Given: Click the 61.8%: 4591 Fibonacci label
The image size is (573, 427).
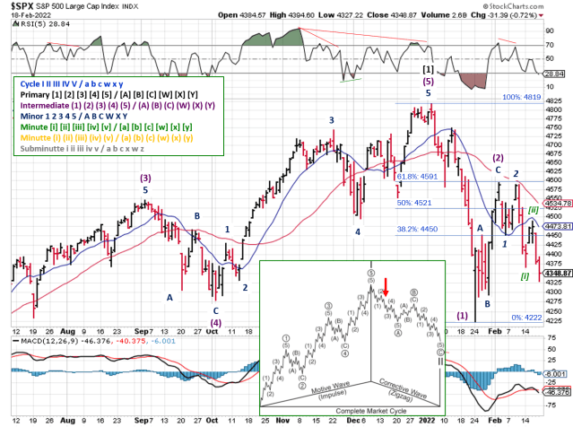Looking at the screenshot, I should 419,177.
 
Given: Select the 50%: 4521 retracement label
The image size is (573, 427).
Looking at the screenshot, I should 413,203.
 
